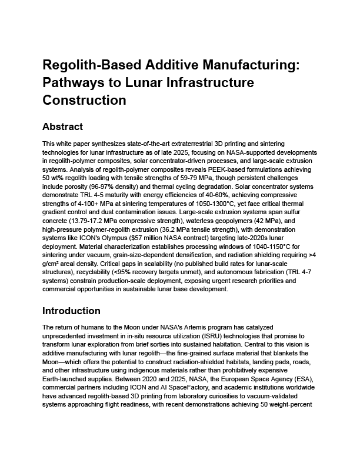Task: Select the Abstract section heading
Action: point(63,127)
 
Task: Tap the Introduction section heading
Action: point(72,311)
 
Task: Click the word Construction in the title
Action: point(85,100)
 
